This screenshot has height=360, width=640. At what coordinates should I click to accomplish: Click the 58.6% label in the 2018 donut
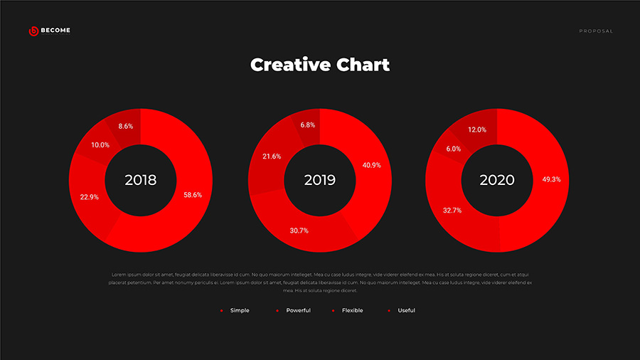click(x=193, y=194)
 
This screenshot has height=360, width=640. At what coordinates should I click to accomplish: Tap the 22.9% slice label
click(x=90, y=197)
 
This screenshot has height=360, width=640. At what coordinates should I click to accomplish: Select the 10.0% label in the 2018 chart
click(x=100, y=145)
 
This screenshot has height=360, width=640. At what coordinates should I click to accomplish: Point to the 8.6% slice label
click(x=126, y=126)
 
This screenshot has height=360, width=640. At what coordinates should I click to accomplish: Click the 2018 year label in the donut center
click(x=140, y=180)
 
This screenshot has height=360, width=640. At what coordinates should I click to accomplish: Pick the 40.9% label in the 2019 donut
click(x=372, y=165)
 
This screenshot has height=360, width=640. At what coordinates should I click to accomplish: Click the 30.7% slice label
click(x=299, y=231)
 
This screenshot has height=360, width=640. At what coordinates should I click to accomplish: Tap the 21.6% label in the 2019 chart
click(x=272, y=156)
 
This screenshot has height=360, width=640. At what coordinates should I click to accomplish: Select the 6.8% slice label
click(x=308, y=125)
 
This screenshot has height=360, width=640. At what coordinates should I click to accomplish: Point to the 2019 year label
click(x=320, y=180)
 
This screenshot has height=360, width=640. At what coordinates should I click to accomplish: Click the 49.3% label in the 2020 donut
click(x=551, y=179)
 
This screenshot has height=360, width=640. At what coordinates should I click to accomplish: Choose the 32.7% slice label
click(x=452, y=211)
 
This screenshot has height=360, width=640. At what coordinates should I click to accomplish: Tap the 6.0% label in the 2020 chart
click(x=454, y=149)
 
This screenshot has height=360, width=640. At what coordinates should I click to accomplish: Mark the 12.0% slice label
click(x=477, y=129)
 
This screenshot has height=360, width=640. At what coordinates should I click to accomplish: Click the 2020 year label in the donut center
click(x=497, y=180)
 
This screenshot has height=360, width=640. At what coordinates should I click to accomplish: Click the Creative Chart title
click(x=320, y=65)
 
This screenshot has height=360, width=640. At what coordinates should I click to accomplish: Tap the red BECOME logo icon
click(x=33, y=31)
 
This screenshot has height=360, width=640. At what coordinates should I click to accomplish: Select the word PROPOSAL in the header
click(x=596, y=31)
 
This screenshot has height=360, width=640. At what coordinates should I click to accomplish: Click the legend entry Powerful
click(x=298, y=310)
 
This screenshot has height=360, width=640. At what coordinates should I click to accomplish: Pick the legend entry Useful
click(x=406, y=310)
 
